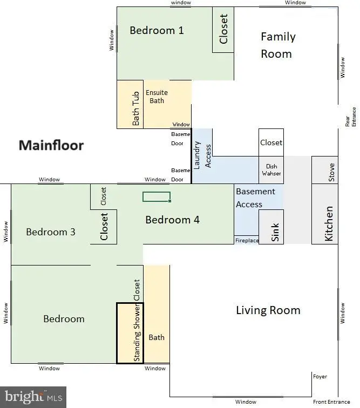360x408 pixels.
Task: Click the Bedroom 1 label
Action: (157, 30)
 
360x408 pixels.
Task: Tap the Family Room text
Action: (278, 45)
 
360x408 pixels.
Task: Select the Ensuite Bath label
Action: (157, 97)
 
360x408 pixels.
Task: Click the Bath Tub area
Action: (130, 104)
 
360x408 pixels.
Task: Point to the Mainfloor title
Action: (51, 145)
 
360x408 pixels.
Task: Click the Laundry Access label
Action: (202, 155)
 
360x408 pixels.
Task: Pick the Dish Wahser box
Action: (271, 170)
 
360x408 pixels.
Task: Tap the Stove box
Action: (325, 170)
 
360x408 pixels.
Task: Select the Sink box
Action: (271, 227)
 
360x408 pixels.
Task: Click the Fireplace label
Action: (247, 241)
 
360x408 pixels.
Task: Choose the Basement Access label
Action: (255, 198)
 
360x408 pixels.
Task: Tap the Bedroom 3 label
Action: (51, 232)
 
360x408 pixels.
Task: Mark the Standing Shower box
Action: (130, 333)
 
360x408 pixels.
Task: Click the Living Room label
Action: (268, 310)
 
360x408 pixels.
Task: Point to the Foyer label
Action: (320, 377)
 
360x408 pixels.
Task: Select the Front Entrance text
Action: (331, 402)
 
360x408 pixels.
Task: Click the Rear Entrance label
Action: (350, 117)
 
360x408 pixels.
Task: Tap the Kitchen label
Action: (329, 224)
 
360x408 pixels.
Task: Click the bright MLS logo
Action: (33, 397)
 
